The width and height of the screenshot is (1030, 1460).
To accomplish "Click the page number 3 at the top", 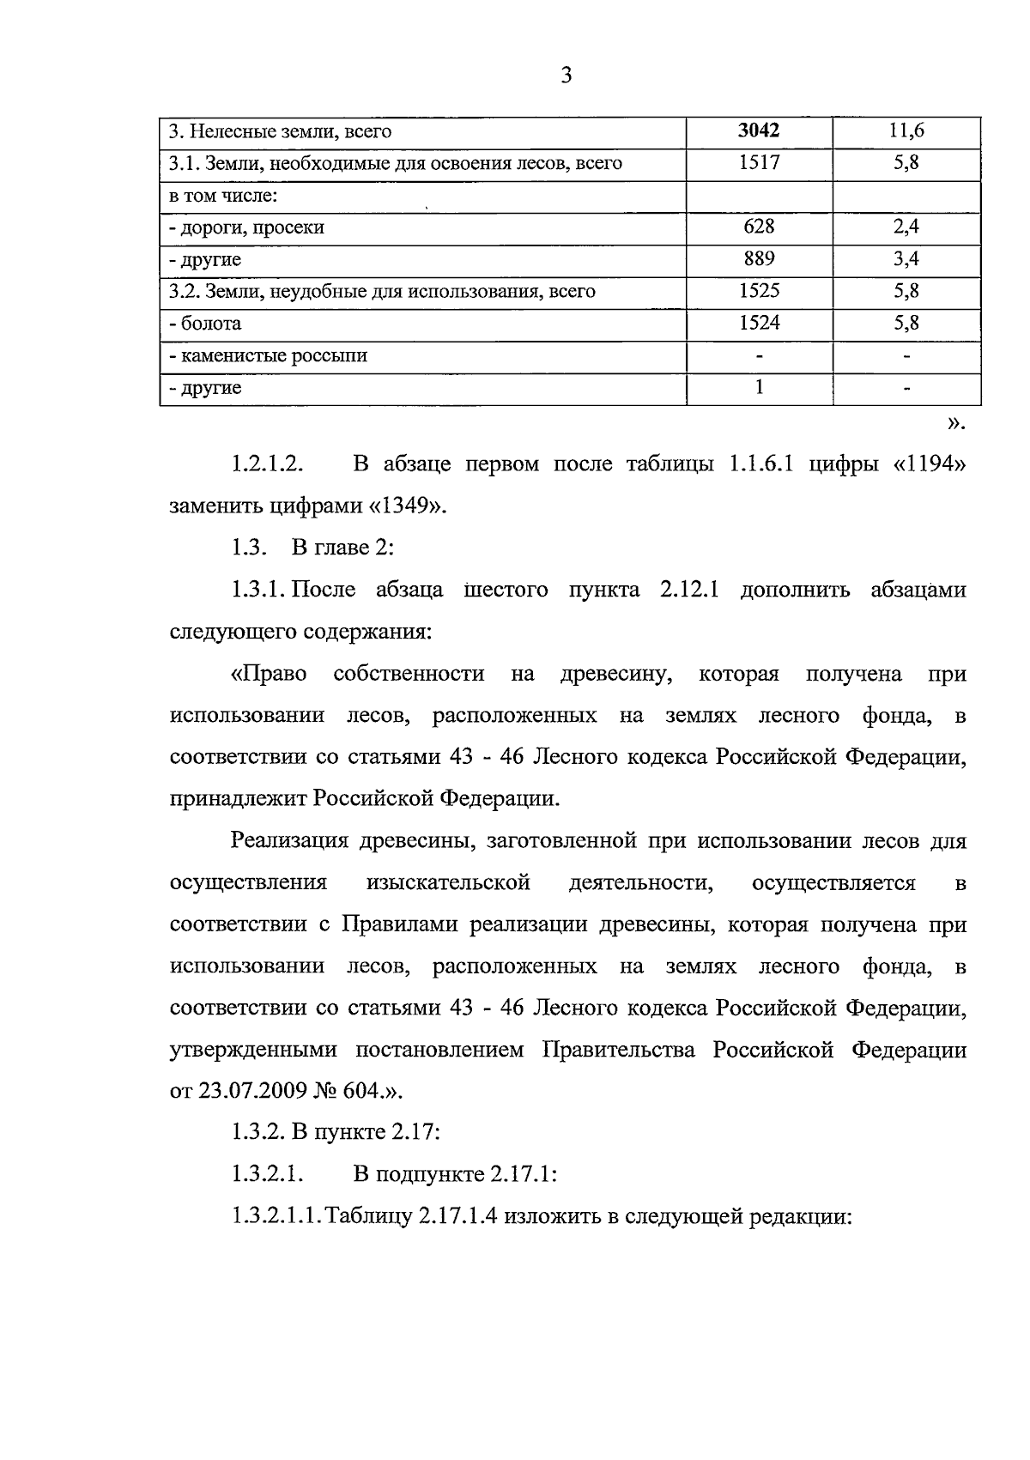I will point(566,76).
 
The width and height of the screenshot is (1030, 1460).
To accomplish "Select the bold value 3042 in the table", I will point(759,131).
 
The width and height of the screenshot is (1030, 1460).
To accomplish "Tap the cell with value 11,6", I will point(906,131).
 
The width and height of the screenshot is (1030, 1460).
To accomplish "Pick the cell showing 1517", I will point(759,163).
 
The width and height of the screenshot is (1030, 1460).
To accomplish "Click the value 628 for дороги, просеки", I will point(759,227).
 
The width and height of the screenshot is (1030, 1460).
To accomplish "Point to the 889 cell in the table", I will point(759,259).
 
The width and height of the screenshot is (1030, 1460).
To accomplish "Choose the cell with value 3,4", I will point(906,259).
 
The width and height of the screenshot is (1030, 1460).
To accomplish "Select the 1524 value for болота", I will point(759,324).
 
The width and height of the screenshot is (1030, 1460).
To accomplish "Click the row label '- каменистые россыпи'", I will point(268,355).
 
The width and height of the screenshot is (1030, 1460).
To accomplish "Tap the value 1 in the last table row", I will point(759,387).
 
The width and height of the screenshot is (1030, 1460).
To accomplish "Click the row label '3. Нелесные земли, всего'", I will point(280,131).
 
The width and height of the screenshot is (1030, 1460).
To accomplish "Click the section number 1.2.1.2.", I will point(268,464).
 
